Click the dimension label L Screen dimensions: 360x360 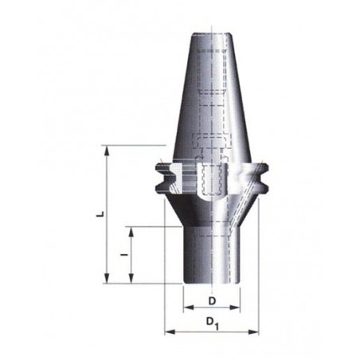[100, 214]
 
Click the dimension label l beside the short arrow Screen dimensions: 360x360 [124, 255]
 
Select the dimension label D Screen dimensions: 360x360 [212, 301]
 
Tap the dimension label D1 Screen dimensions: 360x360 [213, 323]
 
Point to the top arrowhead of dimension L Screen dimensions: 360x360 [107, 151]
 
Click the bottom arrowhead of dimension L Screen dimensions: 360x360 [107, 279]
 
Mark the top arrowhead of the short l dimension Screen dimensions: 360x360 [131, 232]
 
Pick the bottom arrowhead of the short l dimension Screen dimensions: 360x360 [131, 279]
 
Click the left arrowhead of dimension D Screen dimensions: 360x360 [189, 307]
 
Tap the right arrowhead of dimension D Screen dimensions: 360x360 [235, 307]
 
